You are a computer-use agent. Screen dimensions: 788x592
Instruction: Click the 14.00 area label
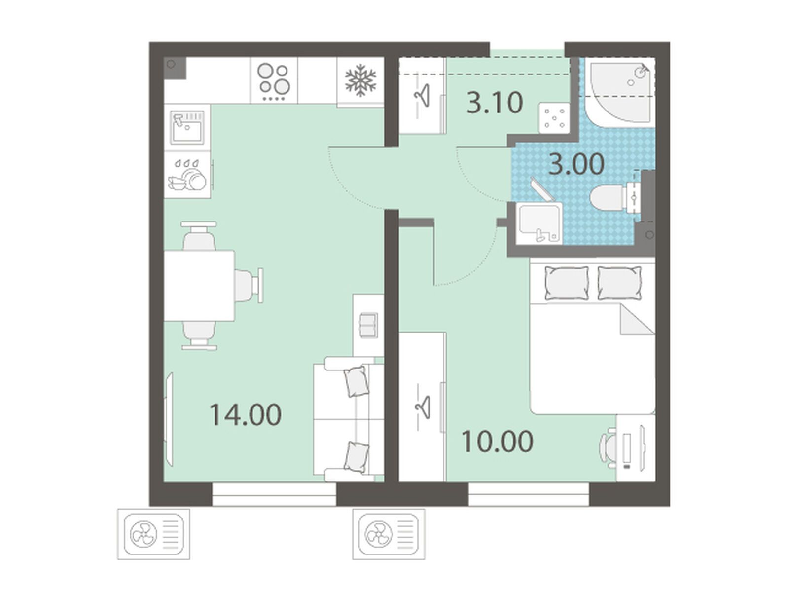coord(245,415)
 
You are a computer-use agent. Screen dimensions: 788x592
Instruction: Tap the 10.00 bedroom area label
coord(497,442)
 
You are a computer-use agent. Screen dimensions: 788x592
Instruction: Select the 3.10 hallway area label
coord(495,102)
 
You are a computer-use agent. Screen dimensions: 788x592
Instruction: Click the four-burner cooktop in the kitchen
coord(274,81)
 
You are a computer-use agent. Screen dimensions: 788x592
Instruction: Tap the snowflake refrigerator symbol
coord(360,80)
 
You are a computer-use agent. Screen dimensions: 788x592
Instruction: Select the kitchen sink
coord(187,127)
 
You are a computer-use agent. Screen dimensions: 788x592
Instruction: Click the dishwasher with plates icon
coord(187,175)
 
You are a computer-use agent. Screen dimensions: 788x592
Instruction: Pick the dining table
coord(199,286)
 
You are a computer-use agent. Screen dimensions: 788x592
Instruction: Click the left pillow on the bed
coord(567,283)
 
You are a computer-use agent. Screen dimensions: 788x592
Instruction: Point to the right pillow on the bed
coord(619,283)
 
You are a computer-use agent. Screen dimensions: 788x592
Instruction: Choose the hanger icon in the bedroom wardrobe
coord(423,407)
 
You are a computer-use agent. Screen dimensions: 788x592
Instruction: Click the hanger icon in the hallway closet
coord(422,95)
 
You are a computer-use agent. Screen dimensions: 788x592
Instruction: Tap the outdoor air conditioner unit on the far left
coord(154,534)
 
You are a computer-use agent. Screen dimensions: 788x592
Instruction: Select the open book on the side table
coord(369,325)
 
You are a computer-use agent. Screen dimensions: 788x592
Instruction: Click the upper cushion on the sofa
coord(356,381)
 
